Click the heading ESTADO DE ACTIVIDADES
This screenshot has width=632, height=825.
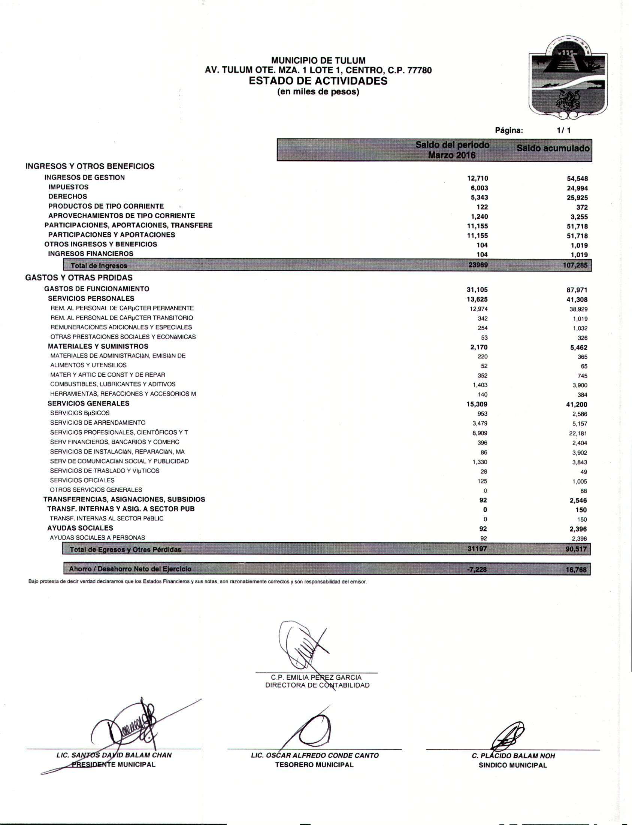click(x=318, y=81)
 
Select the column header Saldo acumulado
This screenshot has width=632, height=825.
click(x=553, y=148)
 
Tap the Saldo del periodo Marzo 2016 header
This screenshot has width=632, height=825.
click(x=452, y=150)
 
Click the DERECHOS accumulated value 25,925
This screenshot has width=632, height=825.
click(x=577, y=198)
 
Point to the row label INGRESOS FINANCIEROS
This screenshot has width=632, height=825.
click(x=91, y=254)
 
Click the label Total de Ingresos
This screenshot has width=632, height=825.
click(x=99, y=266)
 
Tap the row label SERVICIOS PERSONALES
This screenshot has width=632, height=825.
click(x=91, y=298)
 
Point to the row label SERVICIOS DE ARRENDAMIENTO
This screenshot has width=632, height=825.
click(x=98, y=423)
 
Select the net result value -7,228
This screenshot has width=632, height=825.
click(x=476, y=569)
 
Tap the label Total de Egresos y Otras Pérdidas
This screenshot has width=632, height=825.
click(x=125, y=550)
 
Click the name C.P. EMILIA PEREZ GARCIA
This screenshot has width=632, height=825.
click(x=316, y=677)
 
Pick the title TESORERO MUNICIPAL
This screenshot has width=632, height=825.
click(x=314, y=765)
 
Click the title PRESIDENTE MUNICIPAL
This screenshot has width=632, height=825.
click(x=114, y=764)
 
